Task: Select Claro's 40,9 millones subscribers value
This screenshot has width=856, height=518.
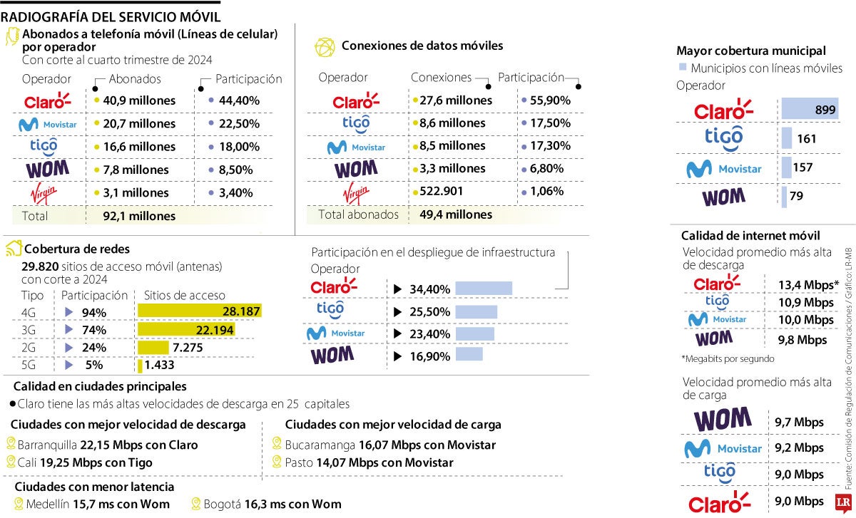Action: pos(138,100)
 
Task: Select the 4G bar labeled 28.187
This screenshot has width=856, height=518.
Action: pos(199,311)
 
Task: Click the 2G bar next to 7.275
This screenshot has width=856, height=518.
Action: pos(153,347)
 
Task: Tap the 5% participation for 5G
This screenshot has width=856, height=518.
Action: pos(93,365)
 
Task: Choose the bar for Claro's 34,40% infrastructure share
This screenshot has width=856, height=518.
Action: pos(484,289)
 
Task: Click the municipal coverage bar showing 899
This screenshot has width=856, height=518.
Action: pos(810,109)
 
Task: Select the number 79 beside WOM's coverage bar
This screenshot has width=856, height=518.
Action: pos(796,197)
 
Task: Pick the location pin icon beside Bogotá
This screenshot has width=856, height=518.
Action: pos(197,504)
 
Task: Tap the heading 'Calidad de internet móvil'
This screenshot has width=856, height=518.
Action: pos(750,235)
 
